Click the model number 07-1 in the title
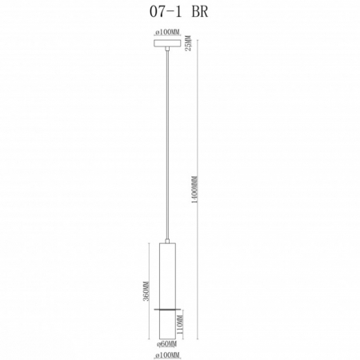[158, 13]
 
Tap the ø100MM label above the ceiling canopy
[167, 33]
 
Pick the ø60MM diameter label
[167, 342]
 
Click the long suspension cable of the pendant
[167, 144]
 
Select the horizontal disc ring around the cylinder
[167, 309]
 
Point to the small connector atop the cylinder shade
[167, 240]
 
